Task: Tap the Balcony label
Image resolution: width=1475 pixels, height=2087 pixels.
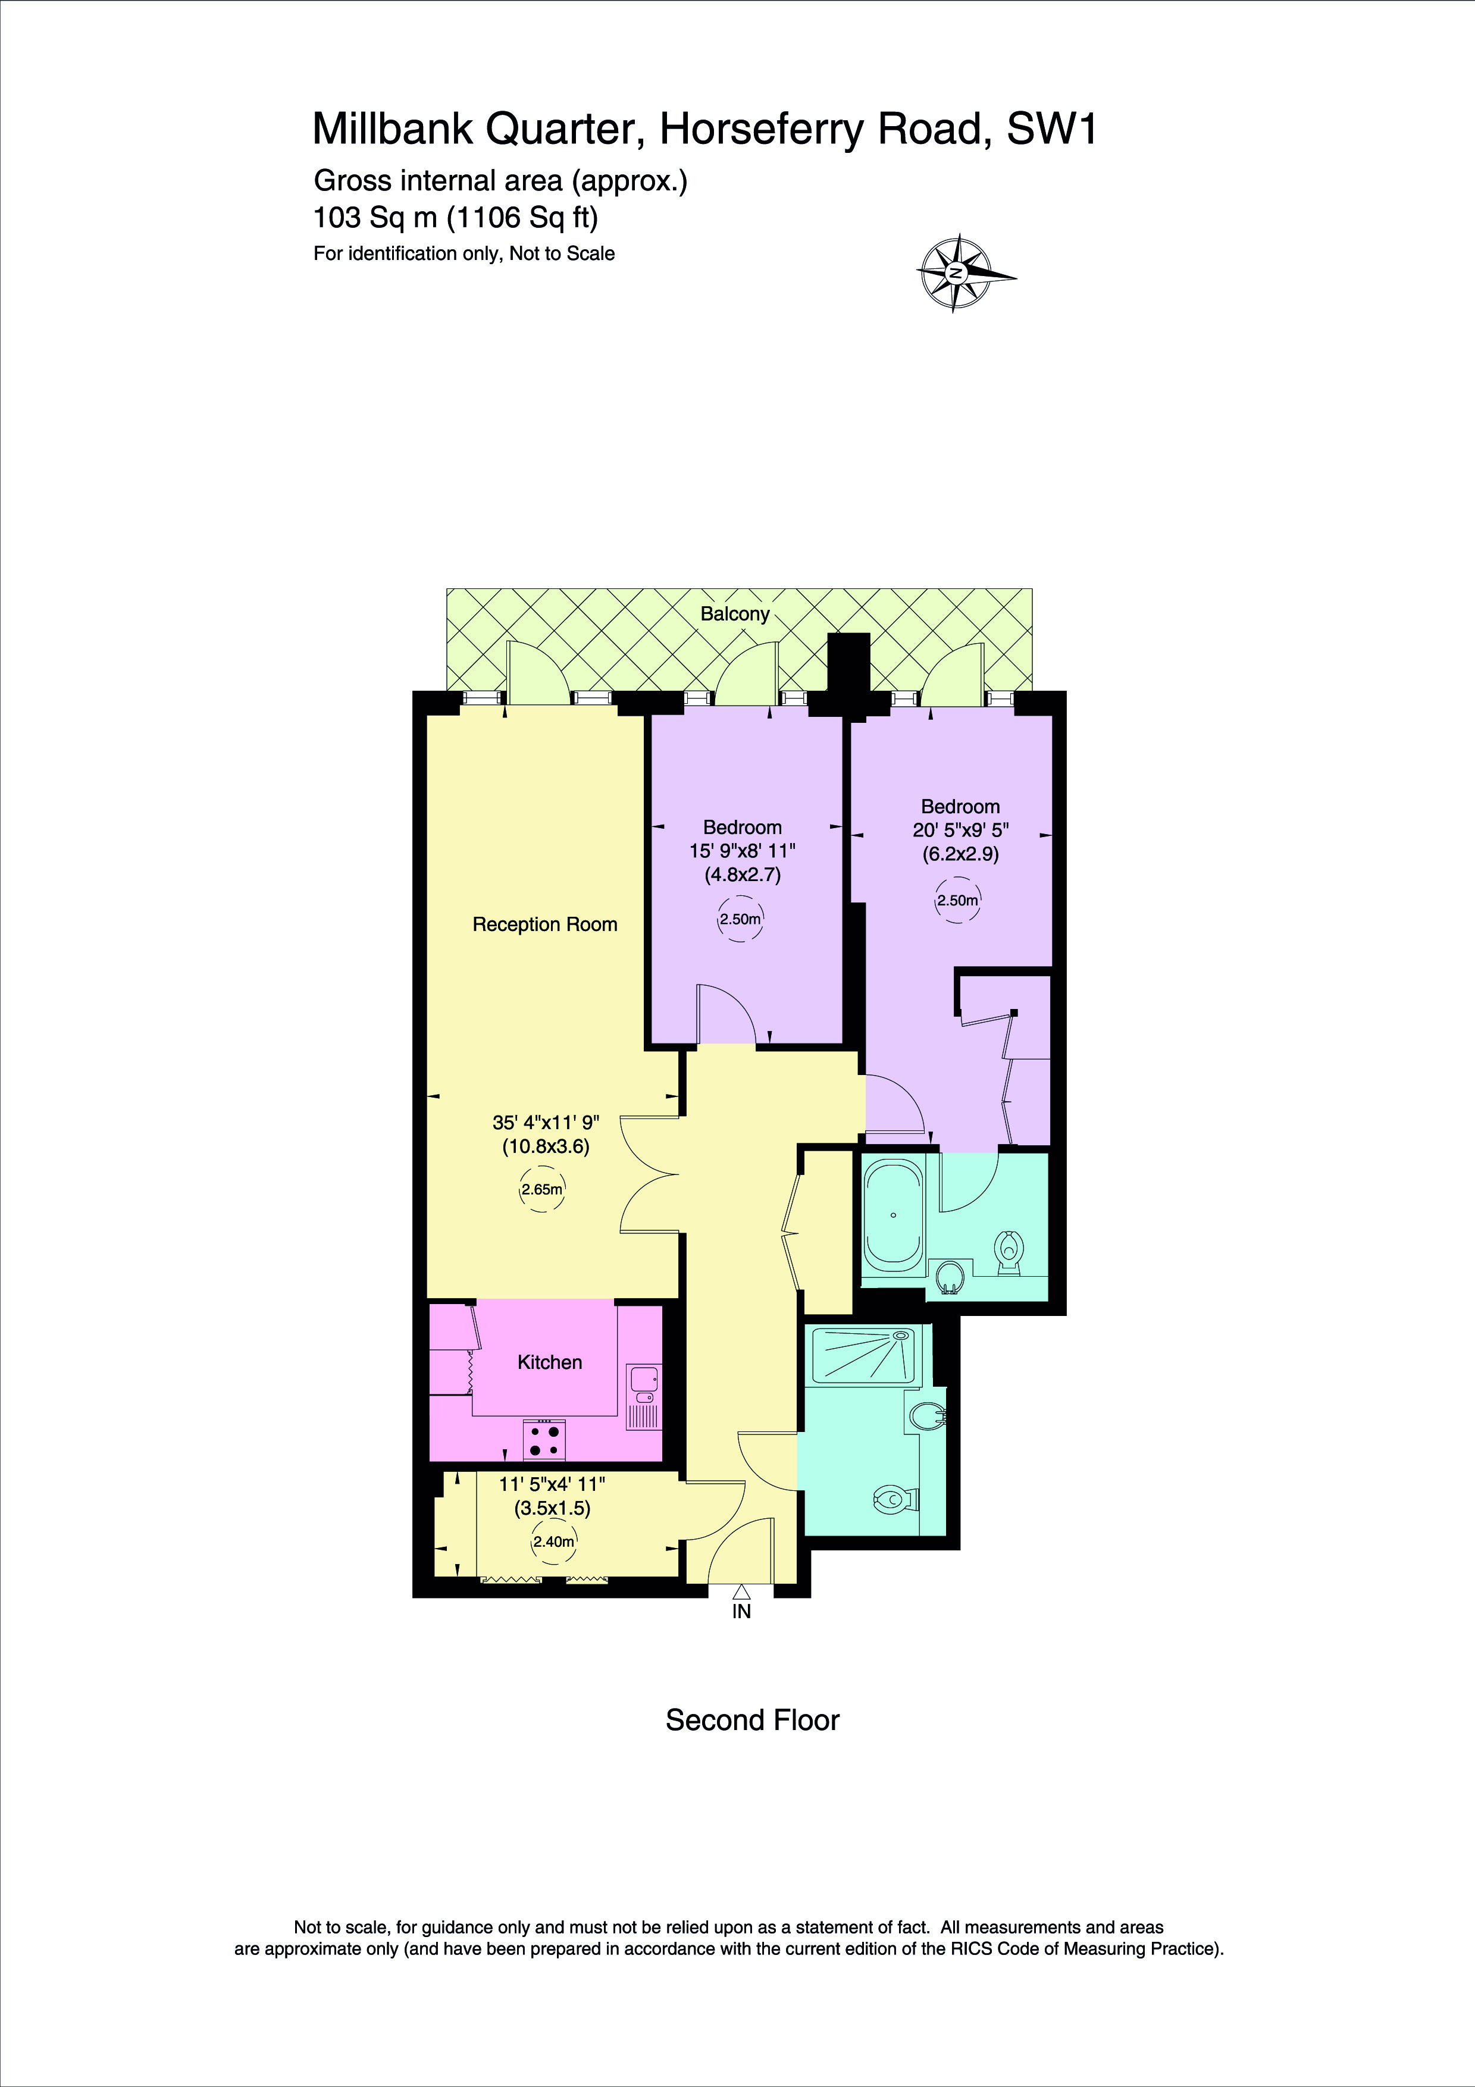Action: coord(734,613)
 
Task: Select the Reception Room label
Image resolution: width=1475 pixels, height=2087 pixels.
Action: coord(544,925)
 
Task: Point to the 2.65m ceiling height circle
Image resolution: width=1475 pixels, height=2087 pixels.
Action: coord(541,1189)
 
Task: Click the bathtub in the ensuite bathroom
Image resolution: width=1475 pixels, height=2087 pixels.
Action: coord(892,1217)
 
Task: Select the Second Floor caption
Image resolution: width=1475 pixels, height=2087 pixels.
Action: coord(753,1721)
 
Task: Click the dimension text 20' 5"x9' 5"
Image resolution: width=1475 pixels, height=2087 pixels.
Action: coord(960,830)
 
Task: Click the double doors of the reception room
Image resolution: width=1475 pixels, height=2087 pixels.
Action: coord(652,1176)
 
